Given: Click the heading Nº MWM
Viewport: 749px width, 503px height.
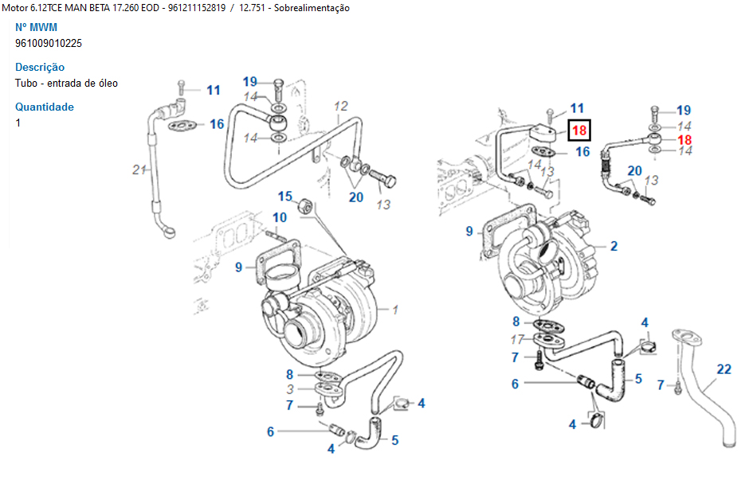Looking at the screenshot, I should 36,27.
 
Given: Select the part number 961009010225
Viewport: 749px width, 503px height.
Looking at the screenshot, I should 49,43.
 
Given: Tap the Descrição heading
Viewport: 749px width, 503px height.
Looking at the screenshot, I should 40,68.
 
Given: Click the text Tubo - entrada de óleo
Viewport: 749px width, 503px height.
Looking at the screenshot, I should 66,83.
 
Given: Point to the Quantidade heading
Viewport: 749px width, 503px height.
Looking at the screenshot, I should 45,107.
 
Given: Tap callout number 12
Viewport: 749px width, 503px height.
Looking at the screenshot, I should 341,106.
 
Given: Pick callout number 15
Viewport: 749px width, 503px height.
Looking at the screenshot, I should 285,196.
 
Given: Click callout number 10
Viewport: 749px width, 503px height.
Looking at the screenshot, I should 280,217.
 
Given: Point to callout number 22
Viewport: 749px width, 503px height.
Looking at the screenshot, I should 724,368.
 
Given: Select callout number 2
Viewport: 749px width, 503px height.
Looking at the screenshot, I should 614,246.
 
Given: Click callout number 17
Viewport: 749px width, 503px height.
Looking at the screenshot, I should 517,340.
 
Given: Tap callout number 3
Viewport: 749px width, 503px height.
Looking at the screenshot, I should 291,388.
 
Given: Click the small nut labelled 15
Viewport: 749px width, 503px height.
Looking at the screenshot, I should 304,209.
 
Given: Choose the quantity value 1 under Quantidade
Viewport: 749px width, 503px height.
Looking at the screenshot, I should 18,123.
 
